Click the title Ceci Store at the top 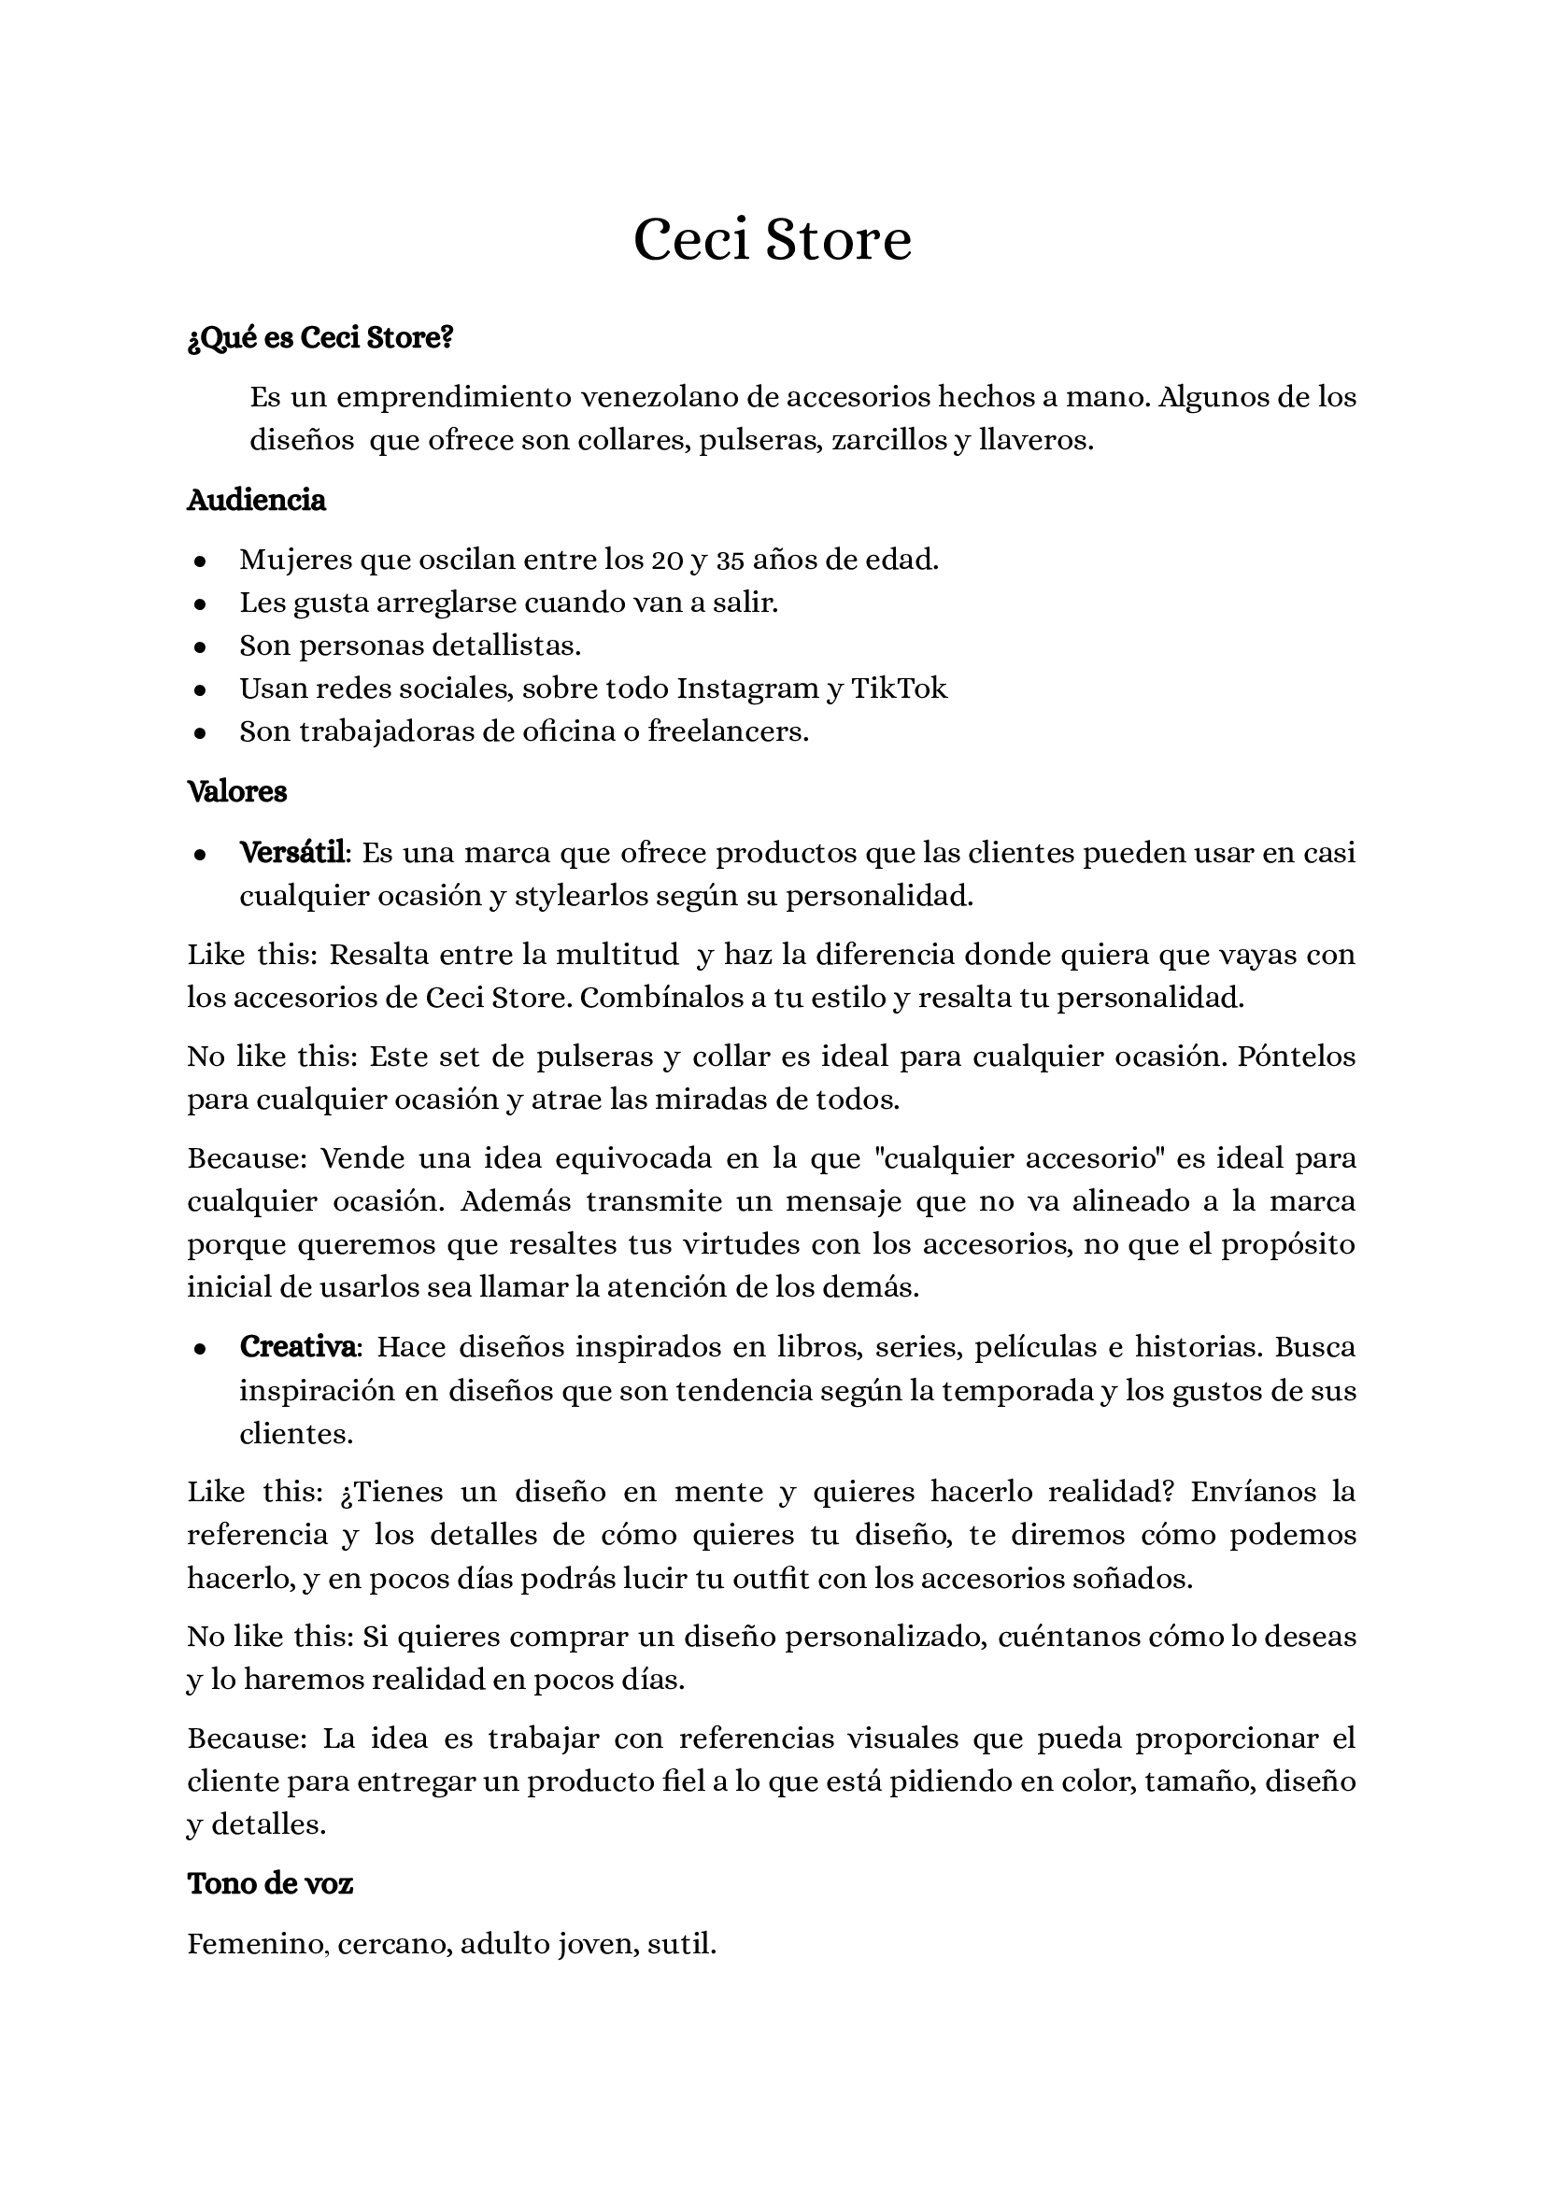(772, 240)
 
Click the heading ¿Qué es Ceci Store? (320, 337)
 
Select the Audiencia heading (256, 500)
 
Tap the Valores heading (237, 791)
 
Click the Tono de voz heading (271, 1883)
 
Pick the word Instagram (747, 688)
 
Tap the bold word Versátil (293, 853)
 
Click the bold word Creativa (299, 1347)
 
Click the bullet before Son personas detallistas (200, 646)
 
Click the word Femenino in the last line (255, 1944)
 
